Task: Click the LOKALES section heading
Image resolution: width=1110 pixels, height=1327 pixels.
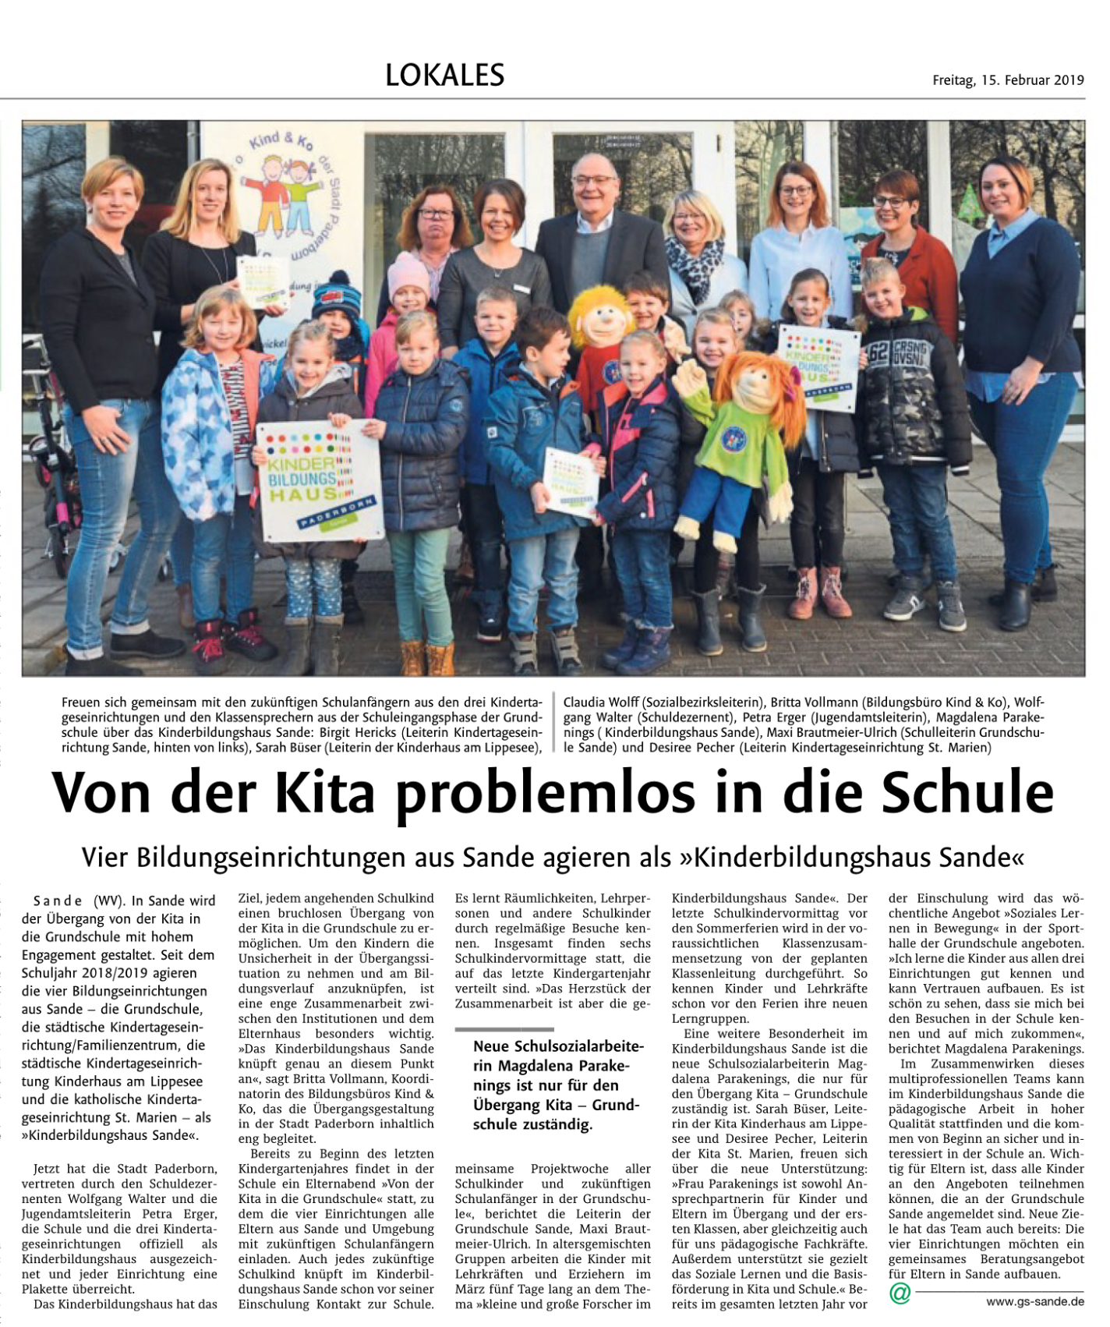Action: click(444, 75)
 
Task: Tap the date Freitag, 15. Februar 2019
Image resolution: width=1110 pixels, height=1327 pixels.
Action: click(1008, 80)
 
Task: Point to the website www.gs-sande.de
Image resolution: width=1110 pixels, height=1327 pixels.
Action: click(1034, 1300)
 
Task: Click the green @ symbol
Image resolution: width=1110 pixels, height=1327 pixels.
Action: click(900, 1293)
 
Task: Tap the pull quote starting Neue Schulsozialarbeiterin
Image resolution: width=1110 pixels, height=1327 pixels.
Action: click(557, 1085)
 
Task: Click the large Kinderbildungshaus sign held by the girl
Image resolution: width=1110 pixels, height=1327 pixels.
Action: click(320, 481)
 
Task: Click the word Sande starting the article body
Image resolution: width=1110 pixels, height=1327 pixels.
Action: click(58, 901)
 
